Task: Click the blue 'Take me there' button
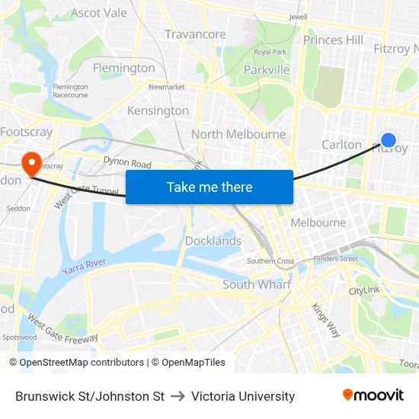coord(209,187)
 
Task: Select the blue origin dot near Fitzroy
coord(388,140)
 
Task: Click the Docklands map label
coord(213,241)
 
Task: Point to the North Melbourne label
coord(238,134)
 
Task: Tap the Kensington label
coord(158,110)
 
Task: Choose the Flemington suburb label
coord(123,68)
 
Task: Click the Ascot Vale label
coord(99,13)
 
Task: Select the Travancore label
coord(196,34)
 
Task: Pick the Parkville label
coord(267,70)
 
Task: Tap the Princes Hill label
coord(333,40)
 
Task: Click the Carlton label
coord(341,145)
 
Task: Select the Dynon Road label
coord(127,163)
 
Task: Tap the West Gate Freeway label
coord(63,327)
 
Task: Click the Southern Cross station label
coord(270,261)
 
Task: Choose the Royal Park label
coord(270,52)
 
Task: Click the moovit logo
coord(373,395)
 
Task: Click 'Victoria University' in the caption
coord(243,396)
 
